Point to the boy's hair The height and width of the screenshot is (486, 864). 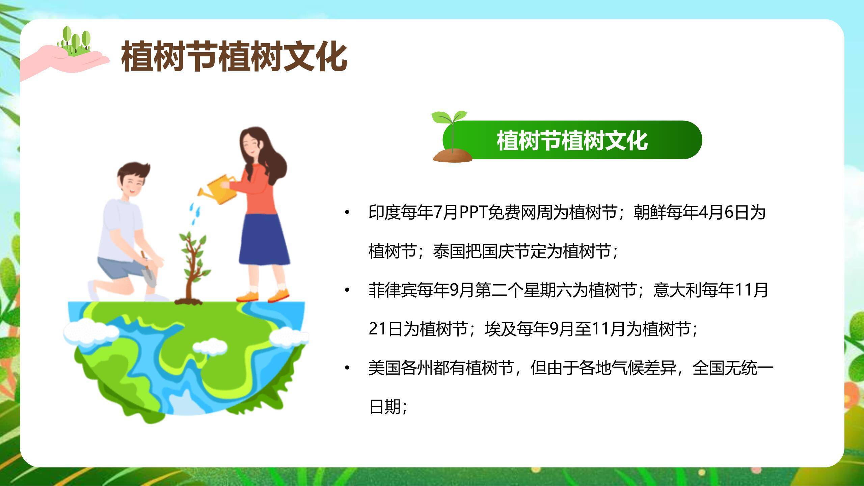tap(133, 172)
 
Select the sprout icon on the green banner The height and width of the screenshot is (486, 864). tap(451, 137)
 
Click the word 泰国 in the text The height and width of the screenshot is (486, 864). tap(449, 251)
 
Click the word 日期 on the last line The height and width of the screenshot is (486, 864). tap(385, 407)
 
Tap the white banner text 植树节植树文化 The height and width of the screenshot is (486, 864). tap(572, 140)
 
